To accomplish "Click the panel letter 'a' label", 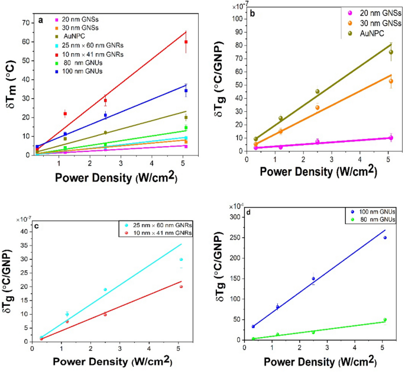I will [40, 20].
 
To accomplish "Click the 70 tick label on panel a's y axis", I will [26, 23].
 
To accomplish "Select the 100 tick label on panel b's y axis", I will [239, 18].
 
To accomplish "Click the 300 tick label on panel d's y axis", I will [234, 217].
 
